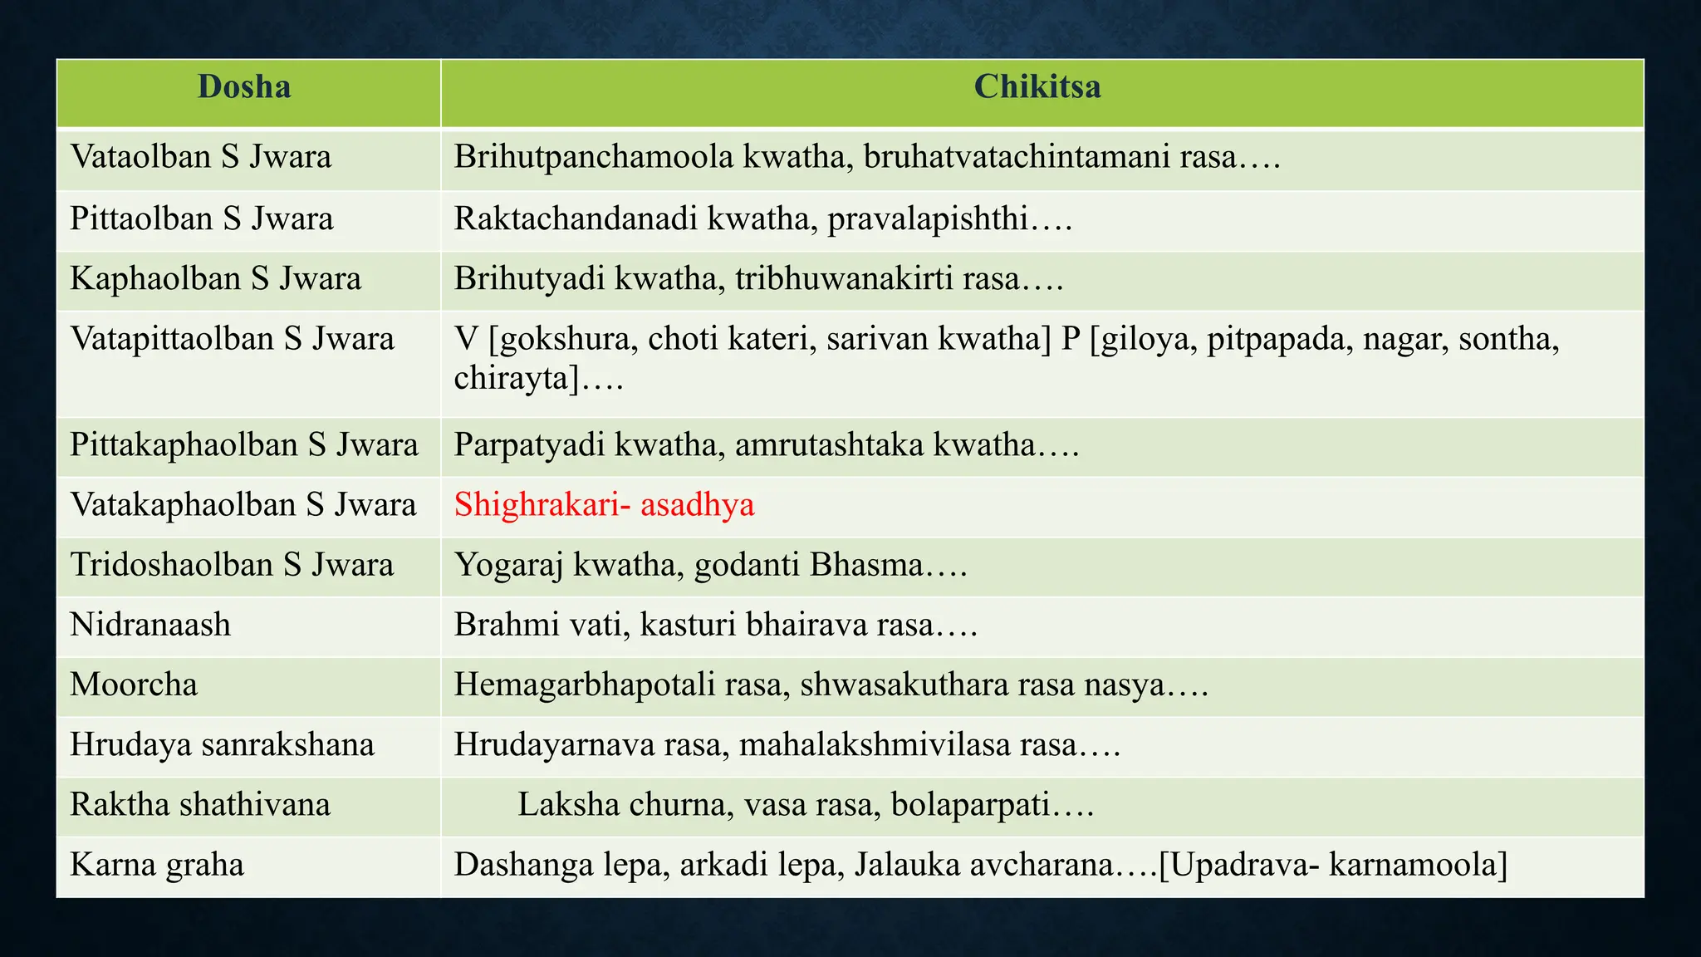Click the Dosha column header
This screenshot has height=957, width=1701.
(244, 87)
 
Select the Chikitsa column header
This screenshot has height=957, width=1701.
(1037, 87)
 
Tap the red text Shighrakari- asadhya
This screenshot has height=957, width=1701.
(604, 505)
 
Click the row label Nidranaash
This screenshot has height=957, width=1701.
(150, 625)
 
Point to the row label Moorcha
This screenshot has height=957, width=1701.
(134, 685)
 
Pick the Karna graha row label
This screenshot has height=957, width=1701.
(157, 865)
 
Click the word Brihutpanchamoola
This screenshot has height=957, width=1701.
(593, 157)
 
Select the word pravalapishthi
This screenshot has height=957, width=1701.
(927, 218)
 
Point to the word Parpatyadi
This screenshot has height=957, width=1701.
(528, 445)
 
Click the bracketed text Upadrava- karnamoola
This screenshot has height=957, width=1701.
(1333, 865)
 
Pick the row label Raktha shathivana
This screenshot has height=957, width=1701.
(200, 805)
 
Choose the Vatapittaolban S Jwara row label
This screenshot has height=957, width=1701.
(232, 339)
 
